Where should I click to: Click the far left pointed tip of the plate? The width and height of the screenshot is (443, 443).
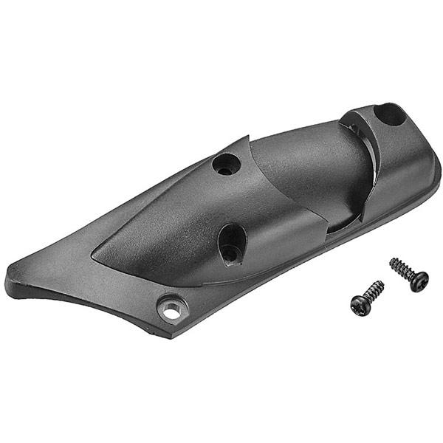(x=9, y=279)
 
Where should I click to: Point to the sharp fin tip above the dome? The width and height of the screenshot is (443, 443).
(x=247, y=138)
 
